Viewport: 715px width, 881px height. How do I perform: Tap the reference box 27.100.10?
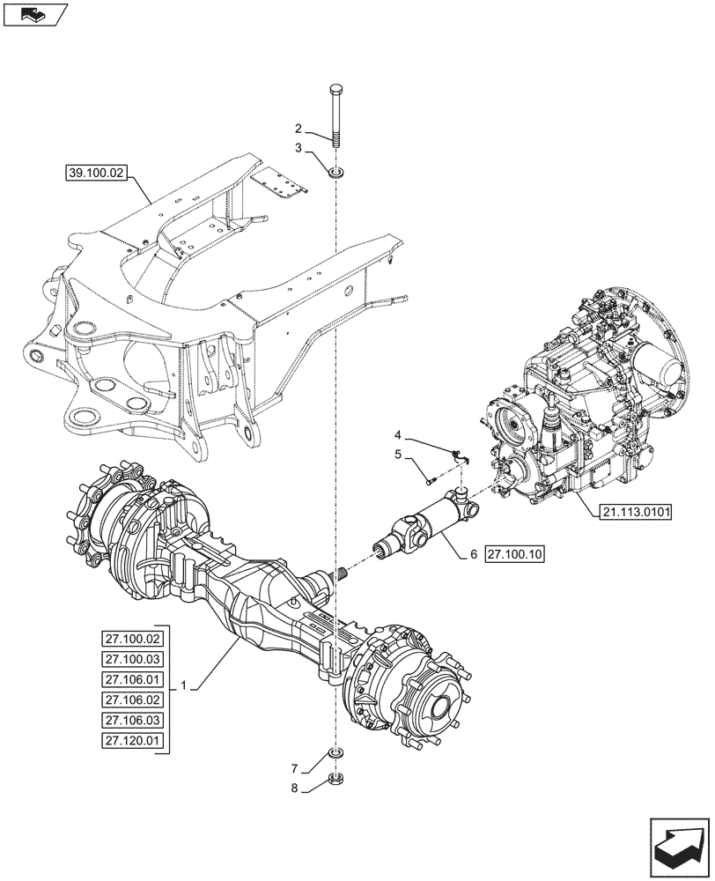(x=515, y=554)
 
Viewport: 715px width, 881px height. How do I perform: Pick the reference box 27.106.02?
(x=132, y=700)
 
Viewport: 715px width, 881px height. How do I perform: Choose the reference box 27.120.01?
(x=132, y=740)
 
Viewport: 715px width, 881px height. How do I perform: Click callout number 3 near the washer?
(x=300, y=149)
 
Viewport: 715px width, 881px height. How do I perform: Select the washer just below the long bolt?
(x=336, y=170)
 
